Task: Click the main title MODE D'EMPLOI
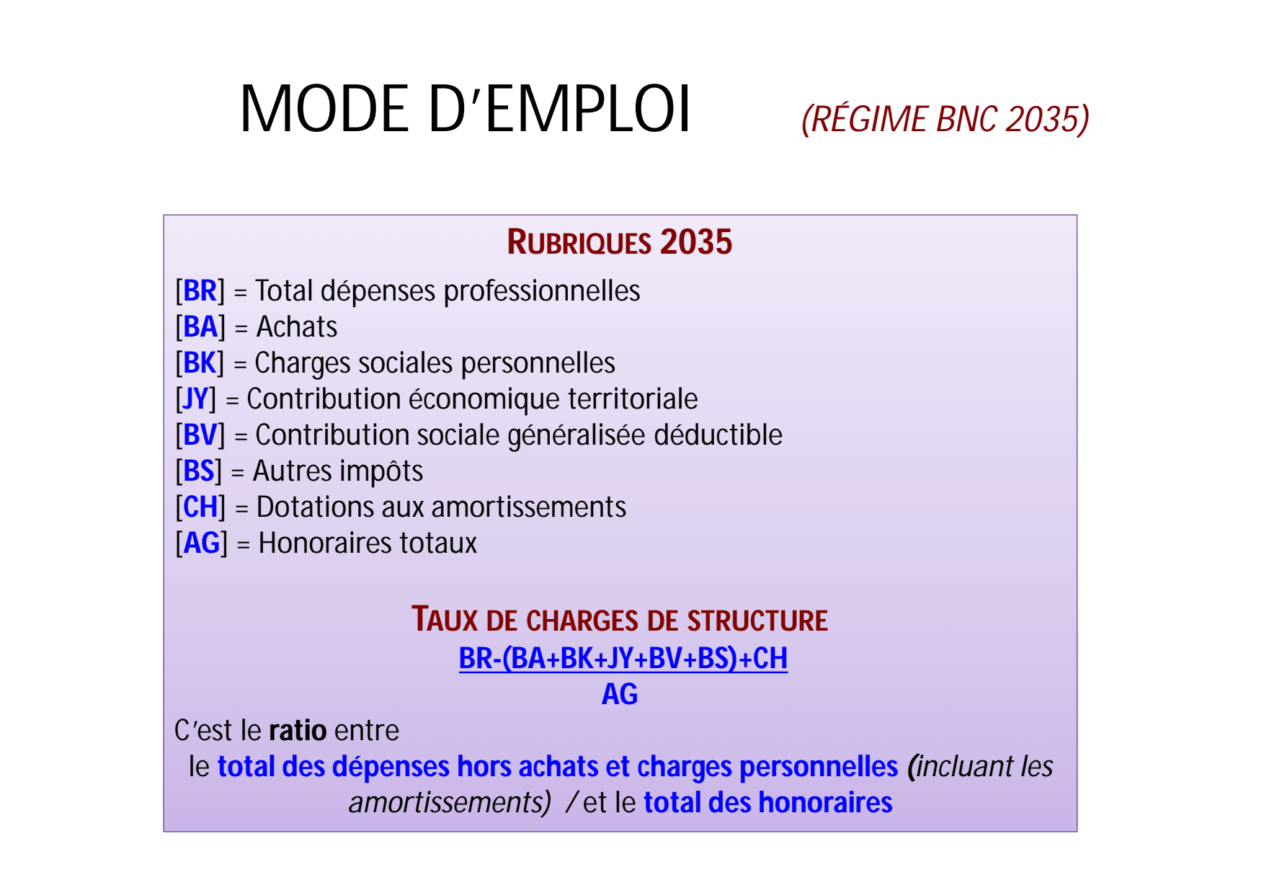[466, 109]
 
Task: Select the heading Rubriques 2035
[620, 242]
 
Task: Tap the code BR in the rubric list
[200, 291]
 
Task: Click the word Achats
[297, 327]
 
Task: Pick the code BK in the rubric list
[200, 363]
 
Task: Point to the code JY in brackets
[196, 399]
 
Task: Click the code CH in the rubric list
[200, 507]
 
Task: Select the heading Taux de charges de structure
[620, 620]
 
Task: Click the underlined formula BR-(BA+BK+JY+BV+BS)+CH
[623, 659]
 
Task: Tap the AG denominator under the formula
[620, 695]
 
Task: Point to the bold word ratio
[298, 731]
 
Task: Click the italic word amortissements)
[450, 803]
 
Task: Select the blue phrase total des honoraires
[768, 803]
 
